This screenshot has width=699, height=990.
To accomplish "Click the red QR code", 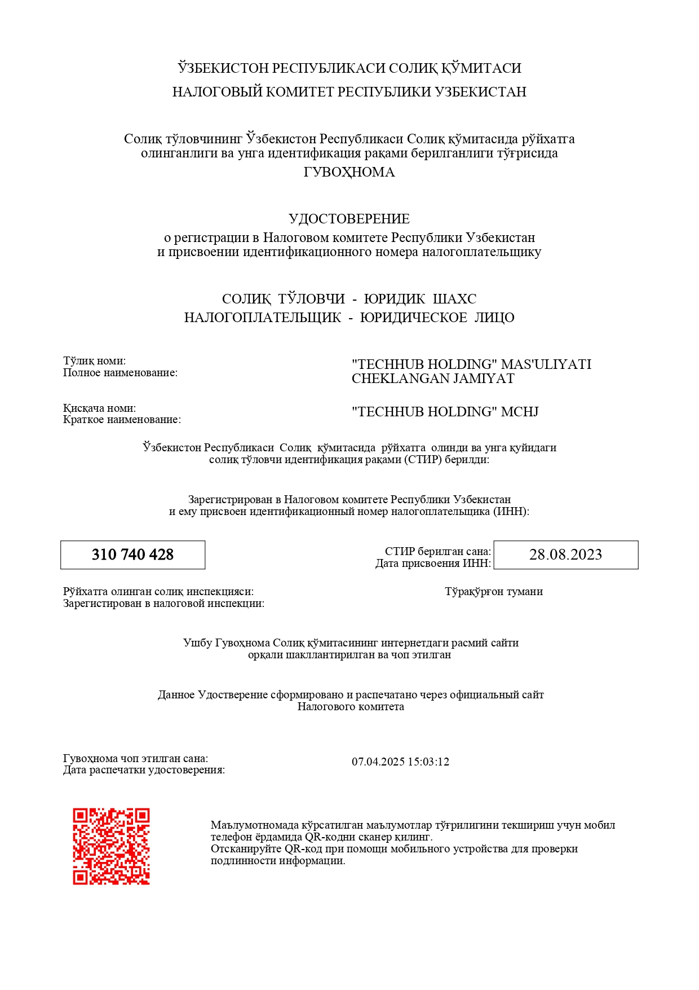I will point(111,846).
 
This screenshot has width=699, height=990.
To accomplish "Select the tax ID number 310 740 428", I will point(132,555).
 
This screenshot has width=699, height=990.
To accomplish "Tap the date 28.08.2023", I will point(565,555).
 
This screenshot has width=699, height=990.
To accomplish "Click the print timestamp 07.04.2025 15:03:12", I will point(400,762).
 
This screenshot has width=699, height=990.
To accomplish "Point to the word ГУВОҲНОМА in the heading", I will point(349,172).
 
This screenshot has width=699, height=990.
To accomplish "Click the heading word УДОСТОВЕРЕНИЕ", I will point(349,219).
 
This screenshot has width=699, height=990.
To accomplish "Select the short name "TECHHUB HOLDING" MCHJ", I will point(445,412).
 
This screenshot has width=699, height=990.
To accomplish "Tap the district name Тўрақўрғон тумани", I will point(494,591).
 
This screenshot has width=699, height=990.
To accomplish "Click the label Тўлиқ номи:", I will point(94,360).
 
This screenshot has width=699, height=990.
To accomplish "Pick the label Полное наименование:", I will point(120,372).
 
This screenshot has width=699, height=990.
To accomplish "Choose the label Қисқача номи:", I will point(99,408).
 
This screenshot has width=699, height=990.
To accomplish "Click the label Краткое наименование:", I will point(122,420).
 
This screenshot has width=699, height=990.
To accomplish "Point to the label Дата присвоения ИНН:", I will point(433,563).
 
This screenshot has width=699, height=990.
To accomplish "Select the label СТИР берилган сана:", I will point(437,551).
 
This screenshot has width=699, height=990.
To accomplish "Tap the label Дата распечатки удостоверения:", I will point(144,770).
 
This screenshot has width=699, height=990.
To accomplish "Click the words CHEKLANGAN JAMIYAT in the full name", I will point(433,379).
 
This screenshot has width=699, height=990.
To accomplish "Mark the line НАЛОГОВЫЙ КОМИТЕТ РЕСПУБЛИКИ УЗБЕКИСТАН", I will point(349,92).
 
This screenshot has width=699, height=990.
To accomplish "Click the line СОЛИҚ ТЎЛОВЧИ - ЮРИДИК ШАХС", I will point(349,299).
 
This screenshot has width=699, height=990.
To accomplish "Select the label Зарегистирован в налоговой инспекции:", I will point(163,603).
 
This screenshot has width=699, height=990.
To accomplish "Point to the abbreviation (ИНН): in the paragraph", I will point(511,512).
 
